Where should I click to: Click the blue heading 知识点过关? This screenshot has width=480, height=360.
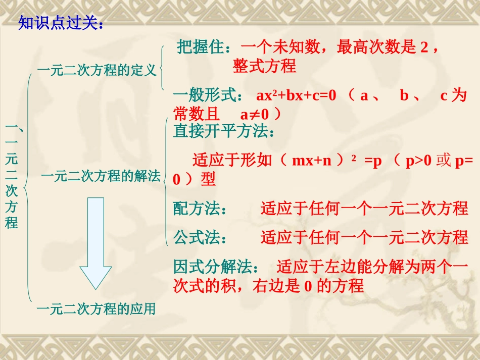(60, 24)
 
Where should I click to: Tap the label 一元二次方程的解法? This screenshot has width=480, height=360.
(101, 176)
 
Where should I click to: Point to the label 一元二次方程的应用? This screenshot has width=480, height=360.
(96, 308)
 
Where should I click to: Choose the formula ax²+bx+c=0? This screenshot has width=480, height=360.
(296, 95)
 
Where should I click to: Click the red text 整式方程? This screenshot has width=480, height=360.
(264, 66)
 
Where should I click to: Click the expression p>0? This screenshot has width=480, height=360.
(419, 161)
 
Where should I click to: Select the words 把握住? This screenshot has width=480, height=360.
(200, 47)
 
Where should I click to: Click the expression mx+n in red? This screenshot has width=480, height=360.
(311, 161)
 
